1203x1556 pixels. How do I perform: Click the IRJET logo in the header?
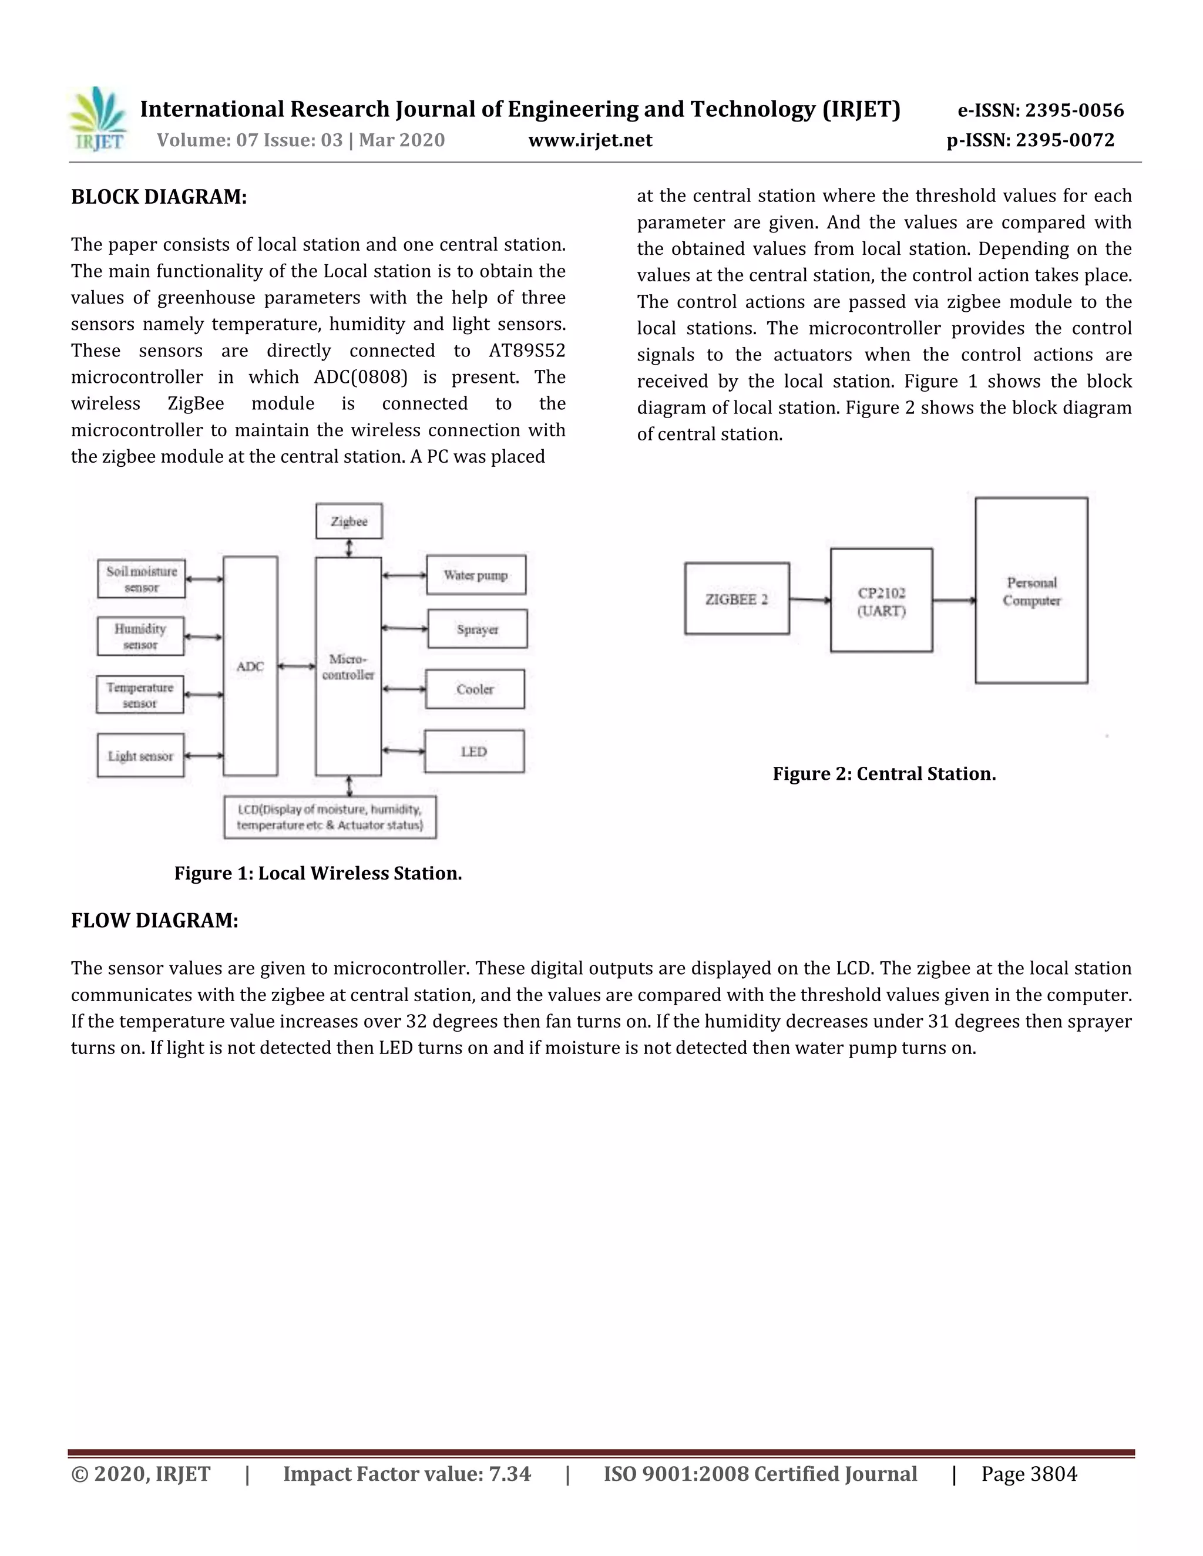tap(98, 119)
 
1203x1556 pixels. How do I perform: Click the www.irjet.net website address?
tap(590, 140)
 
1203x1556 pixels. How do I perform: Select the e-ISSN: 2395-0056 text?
tap(1040, 110)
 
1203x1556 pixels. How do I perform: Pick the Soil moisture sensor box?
tap(141, 579)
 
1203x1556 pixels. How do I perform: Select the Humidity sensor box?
tap(140, 636)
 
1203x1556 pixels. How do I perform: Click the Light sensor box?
tap(140, 756)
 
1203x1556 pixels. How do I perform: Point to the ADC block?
tap(250, 666)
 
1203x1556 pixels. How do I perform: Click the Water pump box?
tap(476, 575)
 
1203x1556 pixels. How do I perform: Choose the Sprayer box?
tap(478, 629)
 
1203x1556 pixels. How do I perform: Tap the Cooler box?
tap(475, 689)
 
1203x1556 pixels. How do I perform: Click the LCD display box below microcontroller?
tap(330, 817)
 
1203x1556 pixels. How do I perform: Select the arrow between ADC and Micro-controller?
tap(297, 666)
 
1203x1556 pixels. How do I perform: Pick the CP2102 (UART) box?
tap(882, 601)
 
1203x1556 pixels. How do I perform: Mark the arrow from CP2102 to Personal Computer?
tap(953, 601)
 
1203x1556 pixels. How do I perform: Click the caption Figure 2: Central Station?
tap(883, 774)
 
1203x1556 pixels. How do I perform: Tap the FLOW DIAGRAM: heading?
tap(154, 921)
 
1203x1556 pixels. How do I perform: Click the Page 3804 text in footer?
tap(1029, 1474)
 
